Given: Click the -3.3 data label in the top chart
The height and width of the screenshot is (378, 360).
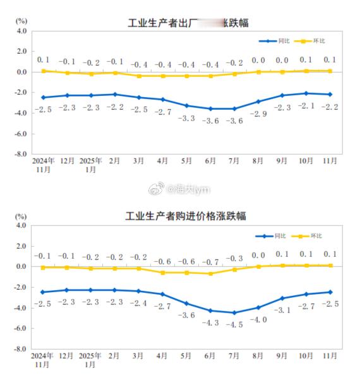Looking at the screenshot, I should click(x=186, y=118).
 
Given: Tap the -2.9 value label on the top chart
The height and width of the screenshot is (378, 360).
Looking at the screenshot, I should click(x=258, y=114).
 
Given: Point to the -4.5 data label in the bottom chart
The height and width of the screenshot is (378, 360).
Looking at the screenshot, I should click(x=234, y=325).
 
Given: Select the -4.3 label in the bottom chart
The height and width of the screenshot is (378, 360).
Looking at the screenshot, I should click(x=210, y=322).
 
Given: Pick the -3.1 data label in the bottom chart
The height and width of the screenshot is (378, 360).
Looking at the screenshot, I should click(x=282, y=310).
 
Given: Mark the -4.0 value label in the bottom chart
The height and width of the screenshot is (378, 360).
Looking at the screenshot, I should click(x=258, y=319).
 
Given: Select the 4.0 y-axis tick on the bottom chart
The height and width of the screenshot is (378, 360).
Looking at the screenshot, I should click(x=21, y=225).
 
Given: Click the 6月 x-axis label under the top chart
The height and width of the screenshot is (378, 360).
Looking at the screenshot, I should click(x=210, y=161).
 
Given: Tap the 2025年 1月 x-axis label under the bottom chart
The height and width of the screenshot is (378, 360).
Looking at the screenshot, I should click(x=90, y=360).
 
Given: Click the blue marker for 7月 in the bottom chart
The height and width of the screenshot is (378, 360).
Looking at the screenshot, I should click(x=234, y=312).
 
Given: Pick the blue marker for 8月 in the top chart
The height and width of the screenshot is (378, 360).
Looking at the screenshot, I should click(x=258, y=102).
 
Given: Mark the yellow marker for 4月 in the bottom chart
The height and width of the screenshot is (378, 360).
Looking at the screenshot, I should click(x=162, y=273).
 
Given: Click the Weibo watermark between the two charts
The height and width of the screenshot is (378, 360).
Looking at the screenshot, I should click(x=180, y=189).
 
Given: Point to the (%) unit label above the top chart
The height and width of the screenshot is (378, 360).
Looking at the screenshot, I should click(x=20, y=21).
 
